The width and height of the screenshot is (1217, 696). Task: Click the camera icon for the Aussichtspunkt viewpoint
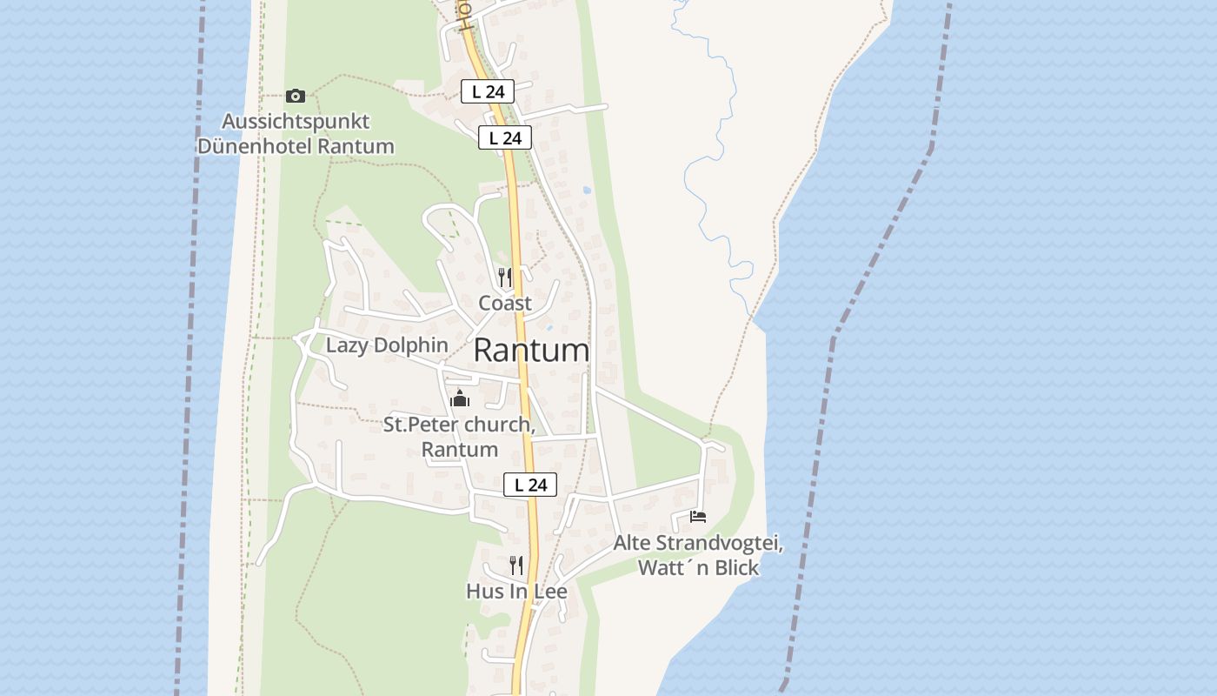(x=296, y=96)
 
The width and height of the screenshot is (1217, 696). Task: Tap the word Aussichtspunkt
(x=296, y=121)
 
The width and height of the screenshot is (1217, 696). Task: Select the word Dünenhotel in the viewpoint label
(x=255, y=146)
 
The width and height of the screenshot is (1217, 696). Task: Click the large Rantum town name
(x=531, y=351)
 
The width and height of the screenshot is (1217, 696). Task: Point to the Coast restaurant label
(x=505, y=304)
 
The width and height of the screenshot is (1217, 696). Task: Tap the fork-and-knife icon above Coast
(x=505, y=278)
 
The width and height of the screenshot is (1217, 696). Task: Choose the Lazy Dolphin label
(x=387, y=345)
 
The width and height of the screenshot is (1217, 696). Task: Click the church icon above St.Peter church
(x=459, y=399)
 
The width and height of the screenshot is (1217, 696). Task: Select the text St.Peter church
(x=458, y=425)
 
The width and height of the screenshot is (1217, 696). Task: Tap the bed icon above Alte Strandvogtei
(x=697, y=517)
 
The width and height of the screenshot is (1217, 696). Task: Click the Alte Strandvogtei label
(x=699, y=544)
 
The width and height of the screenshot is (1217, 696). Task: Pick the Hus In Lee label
(x=516, y=592)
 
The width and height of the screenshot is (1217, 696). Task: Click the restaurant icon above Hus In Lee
(x=516, y=565)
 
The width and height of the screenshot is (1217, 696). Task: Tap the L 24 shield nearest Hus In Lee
(x=530, y=485)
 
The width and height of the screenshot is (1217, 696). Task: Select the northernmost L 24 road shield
(x=487, y=90)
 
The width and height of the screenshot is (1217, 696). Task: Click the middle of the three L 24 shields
(x=504, y=137)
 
